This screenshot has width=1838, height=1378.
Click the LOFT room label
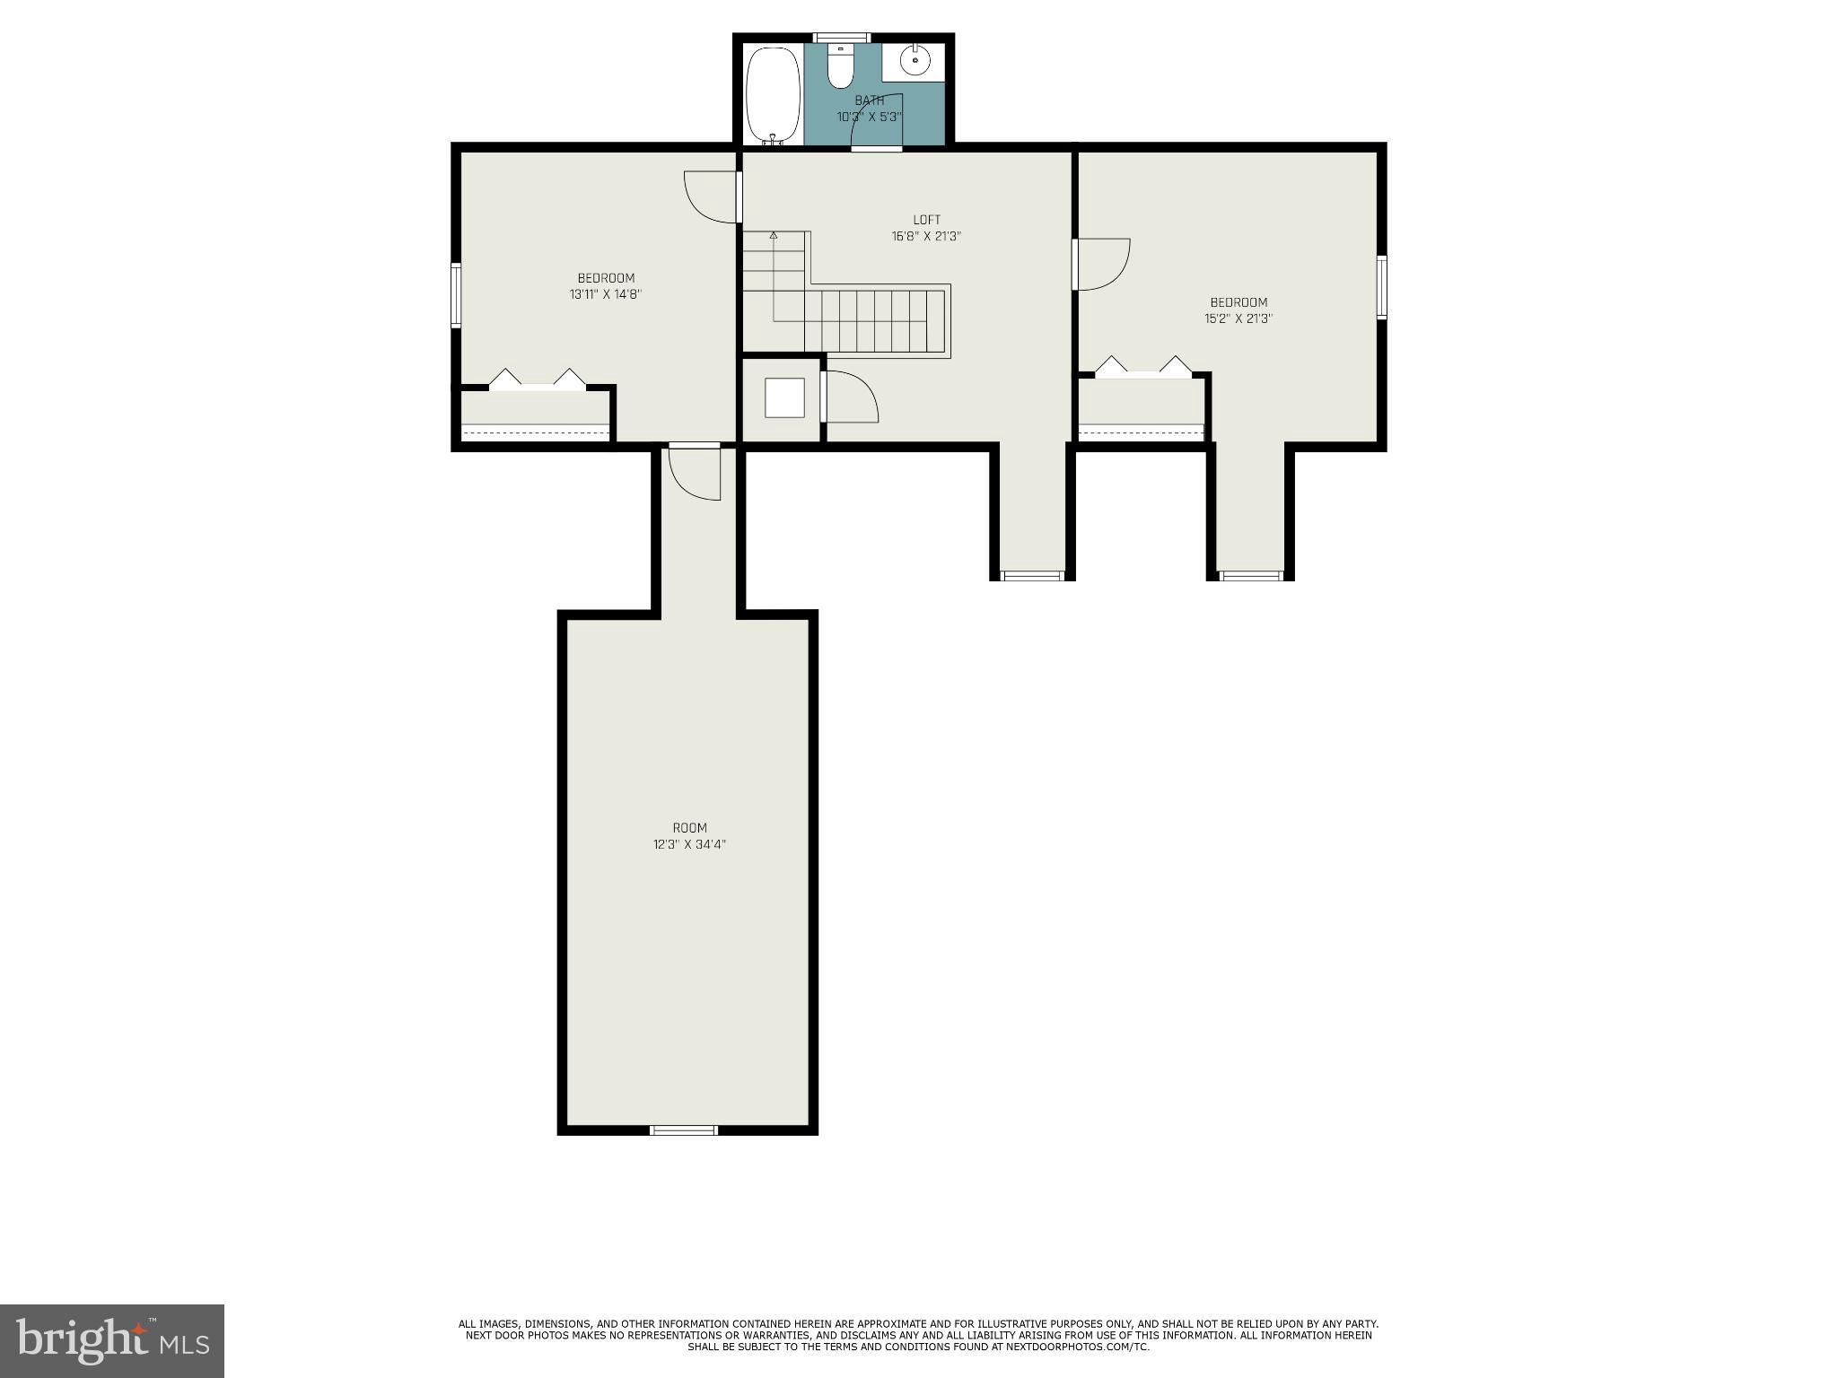(926, 220)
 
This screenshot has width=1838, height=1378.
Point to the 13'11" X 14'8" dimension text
(606, 294)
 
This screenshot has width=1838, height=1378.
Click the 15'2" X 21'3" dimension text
(1238, 318)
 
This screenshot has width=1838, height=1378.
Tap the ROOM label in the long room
(689, 828)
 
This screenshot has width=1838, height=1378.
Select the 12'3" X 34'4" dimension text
(689, 844)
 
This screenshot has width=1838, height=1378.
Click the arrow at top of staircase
(773, 235)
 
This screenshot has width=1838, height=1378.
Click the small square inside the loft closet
(784, 397)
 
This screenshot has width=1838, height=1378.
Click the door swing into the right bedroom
(1102, 265)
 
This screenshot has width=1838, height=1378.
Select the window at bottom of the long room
(684, 1130)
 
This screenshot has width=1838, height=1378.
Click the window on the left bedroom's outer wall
(456, 295)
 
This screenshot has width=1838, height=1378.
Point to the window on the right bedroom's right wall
(1382, 287)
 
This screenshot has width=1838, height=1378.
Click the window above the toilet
(841, 38)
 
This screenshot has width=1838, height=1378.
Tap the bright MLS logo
(112, 1340)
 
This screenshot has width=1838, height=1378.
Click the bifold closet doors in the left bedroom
(537, 380)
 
